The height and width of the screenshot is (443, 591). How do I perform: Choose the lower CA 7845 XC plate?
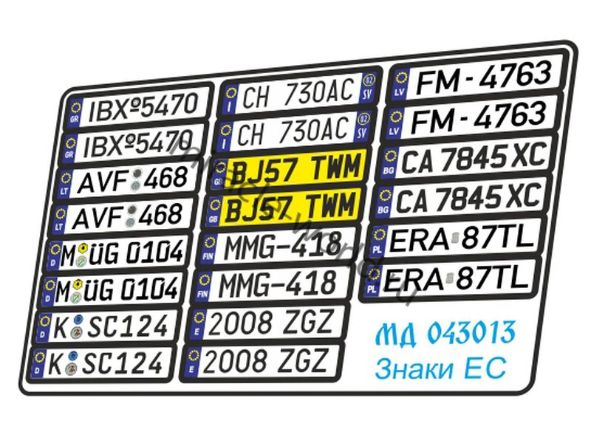[x=462, y=197]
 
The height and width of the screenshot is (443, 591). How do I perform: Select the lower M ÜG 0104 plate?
[x=111, y=287]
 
